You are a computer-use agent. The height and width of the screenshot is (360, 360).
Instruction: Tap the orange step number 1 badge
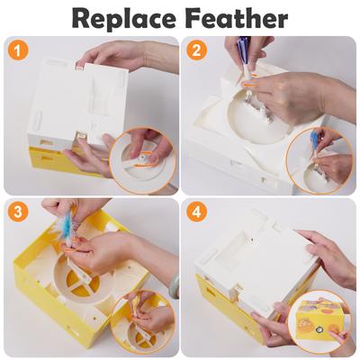pyautogui.click(x=17, y=50)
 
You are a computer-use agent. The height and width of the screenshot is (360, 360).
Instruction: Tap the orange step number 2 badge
pyautogui.click(x=197, y=50)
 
